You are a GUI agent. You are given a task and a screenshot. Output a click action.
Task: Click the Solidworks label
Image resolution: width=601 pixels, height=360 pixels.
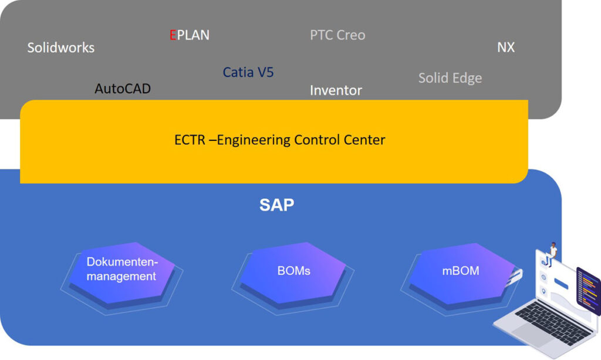[x=60, y=48]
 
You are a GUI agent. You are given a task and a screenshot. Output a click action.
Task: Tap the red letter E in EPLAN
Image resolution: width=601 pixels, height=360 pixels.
[x=173, y=35]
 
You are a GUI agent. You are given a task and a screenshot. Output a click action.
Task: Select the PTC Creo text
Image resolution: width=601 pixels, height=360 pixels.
[x=337, y=35]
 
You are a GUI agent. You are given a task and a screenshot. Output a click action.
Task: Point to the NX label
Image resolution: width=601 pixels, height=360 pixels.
[x=506, y=48]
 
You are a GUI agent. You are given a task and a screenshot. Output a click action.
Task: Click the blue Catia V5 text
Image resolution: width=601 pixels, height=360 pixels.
[x=248, y=73]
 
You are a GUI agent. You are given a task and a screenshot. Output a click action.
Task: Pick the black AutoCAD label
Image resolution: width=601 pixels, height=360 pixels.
[x=123, y=89]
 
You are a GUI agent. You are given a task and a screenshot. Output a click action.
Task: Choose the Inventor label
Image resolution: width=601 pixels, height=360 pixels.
[x=336, y=90]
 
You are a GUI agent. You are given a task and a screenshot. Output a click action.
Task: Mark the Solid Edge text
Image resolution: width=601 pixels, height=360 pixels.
[x=450, y=78]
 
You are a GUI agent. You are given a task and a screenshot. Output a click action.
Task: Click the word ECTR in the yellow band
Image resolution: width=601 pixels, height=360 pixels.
[x=187, y=140]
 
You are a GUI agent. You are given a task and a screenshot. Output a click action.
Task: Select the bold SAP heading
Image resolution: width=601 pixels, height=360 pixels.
[x=277, y=205]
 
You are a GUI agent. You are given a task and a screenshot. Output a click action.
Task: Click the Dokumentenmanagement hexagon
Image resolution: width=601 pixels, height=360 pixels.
[x=122, y=270]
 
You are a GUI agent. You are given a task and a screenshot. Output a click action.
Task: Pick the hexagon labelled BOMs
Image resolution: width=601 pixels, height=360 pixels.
[x=293, y=271]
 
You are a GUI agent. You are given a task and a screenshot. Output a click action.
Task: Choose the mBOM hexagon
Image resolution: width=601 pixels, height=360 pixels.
[x=460, y=271]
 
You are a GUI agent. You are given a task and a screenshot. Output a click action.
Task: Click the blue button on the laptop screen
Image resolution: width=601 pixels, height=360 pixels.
[x=562, y=284]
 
